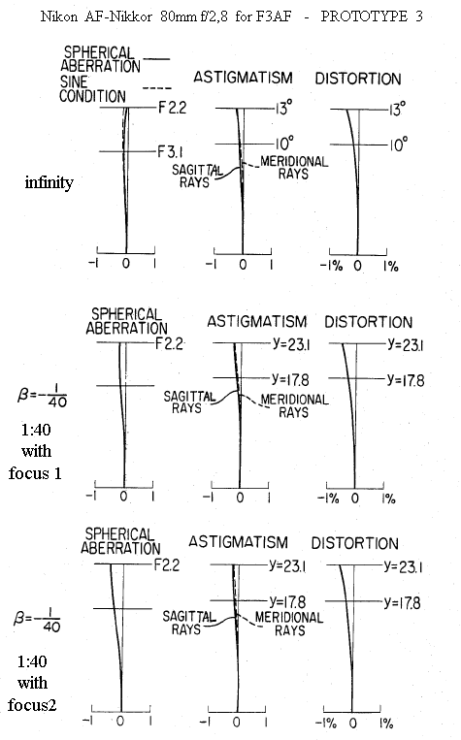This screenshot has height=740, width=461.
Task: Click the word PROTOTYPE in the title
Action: point(364,16)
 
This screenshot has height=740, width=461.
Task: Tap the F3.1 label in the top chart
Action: point(171,152)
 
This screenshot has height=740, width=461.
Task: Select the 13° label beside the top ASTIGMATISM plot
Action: point(283,108)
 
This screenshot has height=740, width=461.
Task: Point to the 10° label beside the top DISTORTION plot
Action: point(398,145)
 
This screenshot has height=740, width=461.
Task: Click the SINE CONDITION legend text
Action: point(93,88)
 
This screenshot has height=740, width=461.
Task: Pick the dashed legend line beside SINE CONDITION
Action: point(157,88)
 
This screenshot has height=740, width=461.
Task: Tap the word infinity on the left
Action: point(49,182)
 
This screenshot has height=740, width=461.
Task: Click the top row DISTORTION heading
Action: point(358,79)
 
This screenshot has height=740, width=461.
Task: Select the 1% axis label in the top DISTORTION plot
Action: point(390,266)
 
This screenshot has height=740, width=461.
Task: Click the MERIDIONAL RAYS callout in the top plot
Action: point(294,168)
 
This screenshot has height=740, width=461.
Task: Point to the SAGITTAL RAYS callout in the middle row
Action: point(189,402)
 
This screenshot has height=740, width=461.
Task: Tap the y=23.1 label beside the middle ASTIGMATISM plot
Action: point(291,344)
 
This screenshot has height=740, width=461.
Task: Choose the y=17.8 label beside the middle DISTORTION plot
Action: point(406,379)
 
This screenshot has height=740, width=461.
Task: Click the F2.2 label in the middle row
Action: point(169,343)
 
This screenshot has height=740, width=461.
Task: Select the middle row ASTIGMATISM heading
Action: point(257,322)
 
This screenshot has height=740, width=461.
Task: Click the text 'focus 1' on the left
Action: point(36,473)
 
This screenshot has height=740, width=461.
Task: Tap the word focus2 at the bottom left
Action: point(32,705)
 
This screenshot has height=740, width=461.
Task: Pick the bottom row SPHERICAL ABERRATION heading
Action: point(120,541)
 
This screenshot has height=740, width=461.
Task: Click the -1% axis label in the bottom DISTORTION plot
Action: point(326,723)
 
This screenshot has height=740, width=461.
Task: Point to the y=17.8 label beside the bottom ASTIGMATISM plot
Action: point(287,601)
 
